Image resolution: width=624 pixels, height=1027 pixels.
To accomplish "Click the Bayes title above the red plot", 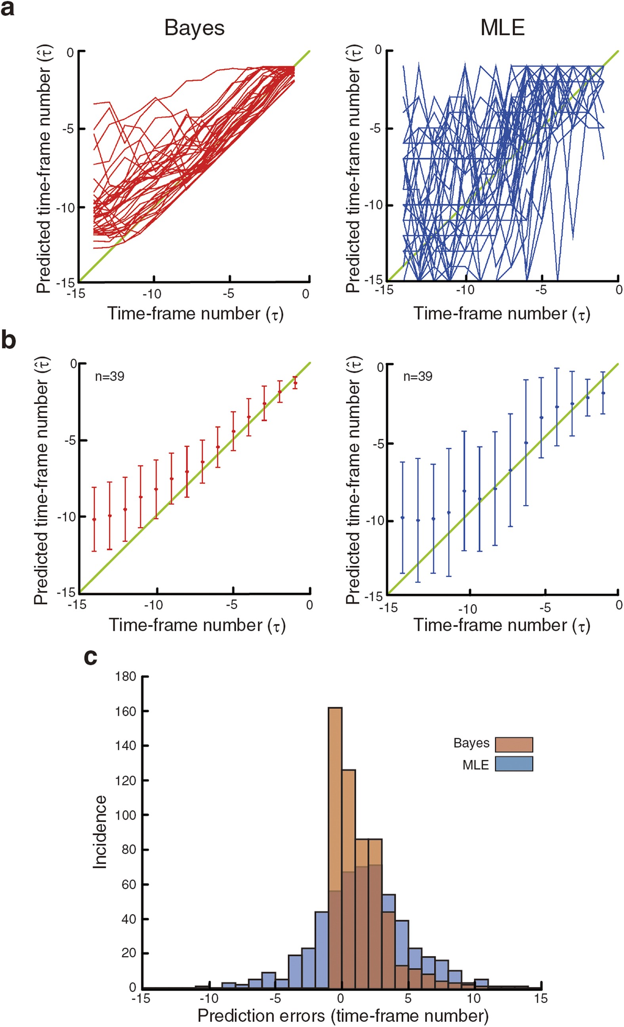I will click(x=194, y=28).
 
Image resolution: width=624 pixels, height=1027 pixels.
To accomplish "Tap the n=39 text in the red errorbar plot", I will click(x=110, y=377).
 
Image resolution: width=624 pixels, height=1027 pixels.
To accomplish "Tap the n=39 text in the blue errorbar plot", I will click(x=418, y=377).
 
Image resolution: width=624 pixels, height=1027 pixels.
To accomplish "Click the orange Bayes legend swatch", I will click(x=513, y=744).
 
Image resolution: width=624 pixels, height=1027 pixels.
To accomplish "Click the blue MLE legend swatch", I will click(x=513, y=764).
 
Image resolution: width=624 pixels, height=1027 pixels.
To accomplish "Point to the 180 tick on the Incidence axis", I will click(x=126, y=677).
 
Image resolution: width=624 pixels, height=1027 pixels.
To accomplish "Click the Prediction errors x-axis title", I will click(x=342, y=1016).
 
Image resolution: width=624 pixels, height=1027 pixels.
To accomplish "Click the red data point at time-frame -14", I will click(x=94, y=519).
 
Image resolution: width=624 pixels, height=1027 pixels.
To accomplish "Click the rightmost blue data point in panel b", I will click(x=603, y=393).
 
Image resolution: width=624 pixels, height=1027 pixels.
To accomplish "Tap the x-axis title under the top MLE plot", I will click(x=502, y=314).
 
